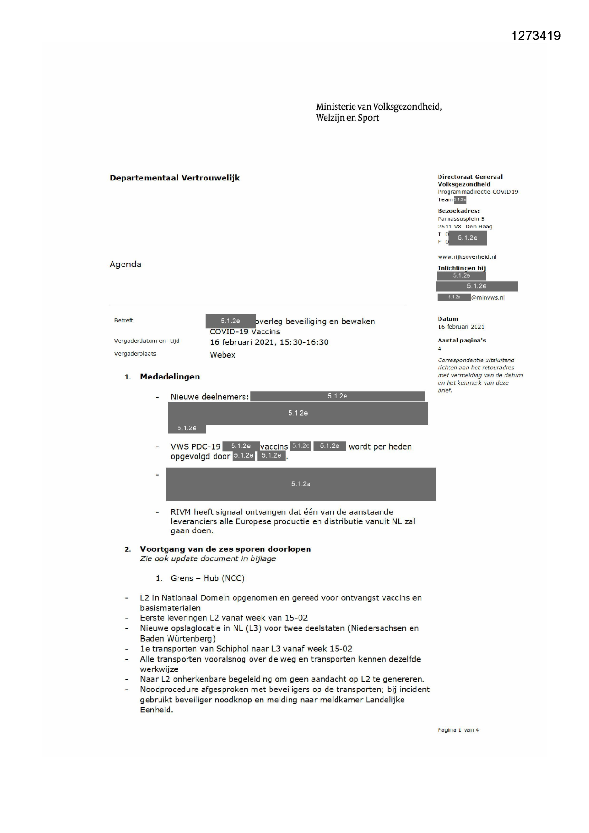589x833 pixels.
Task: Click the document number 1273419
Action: pyautogui.click(x=536, y=36)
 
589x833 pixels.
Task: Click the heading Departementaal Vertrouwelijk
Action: pyautogui.click(x=175, y=178)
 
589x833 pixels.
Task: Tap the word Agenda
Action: pyautogui.click(x=125, y=265)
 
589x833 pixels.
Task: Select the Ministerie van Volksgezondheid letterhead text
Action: pyautogui.click(x=379, y=112)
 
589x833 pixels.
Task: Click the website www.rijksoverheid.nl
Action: pyautogui.click(x=467, y=257)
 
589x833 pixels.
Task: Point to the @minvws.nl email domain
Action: pyautogui.click(x=488, y=298)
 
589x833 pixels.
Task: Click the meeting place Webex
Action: pyautogui.click(x=223, y=355)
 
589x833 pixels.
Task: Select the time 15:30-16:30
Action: pyautogui.click(x=304, y=342)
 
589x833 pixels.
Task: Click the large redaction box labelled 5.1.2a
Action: pyautogui.click(x=301, y=484)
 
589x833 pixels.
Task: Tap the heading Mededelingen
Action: pyautogui.click(x=170, y=377)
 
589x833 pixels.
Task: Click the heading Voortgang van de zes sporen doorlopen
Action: pyautogui.click(x=225, y=549)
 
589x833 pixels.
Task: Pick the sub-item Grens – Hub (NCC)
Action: pyautogui.click(x=207, y=578)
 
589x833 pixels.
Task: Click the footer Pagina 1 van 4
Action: pyautogui.click(x=458, y=730)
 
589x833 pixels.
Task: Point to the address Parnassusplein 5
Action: pyautogui.click(x=461, y=219)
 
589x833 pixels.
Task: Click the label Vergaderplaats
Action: pyautogui.click(x=135, y=354)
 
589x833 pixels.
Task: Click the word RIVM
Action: pyautogui.click(x=181, y=512)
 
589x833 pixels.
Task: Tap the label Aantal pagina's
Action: pyautogui.click(x=461, y=341)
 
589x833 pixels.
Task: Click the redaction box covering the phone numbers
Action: pyautogui.click(x=467, y=238)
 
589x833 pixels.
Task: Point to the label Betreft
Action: pyautogui.click(x=123, y=321)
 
